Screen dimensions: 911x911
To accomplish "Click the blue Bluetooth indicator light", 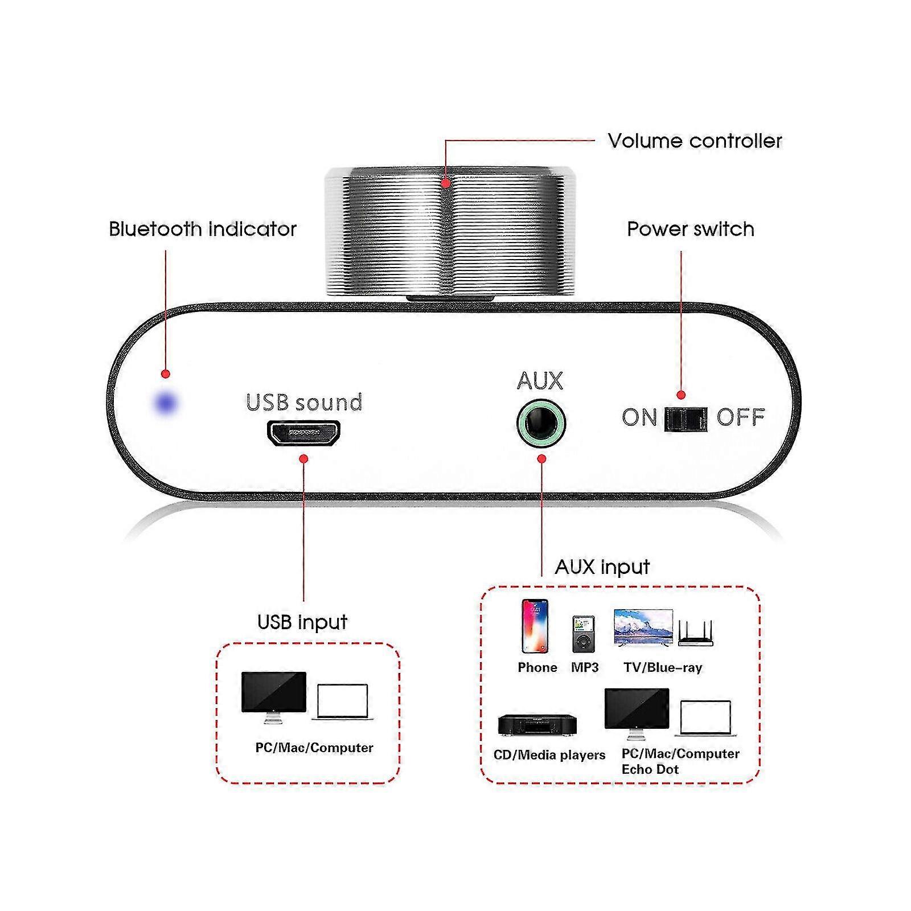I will tap(166, 403).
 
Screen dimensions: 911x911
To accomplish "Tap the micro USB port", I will tap(303, 433).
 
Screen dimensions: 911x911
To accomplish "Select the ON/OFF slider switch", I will tap(686, 419).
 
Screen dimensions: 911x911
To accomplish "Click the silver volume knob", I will tap(446, 231).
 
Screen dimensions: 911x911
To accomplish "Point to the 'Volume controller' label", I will tap(695, 141).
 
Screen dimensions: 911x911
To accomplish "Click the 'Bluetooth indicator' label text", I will tap(203, 229).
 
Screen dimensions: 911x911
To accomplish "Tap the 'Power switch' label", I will tap(690, 229).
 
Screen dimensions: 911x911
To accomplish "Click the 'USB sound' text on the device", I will tap(304, 403).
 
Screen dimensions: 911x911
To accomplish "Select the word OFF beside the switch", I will tap(740, 418).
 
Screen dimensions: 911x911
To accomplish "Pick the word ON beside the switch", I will tap(639, 418).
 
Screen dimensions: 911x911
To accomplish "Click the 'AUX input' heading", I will tap(602, 567).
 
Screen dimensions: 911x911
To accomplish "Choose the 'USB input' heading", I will tap(302, 622).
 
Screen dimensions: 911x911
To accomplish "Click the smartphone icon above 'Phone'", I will tap(535, 626).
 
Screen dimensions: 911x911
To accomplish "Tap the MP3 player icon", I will tap(584, 634).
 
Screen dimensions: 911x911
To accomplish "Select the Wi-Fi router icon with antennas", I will tap(695, 633).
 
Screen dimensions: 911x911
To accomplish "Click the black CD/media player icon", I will tap(538, 725).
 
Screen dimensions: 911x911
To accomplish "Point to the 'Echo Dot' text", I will tap(650, 769).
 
